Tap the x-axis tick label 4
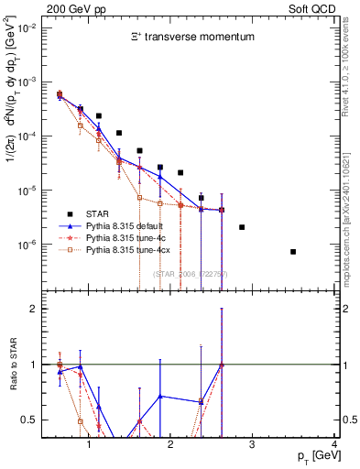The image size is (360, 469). [x=335, y=445]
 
